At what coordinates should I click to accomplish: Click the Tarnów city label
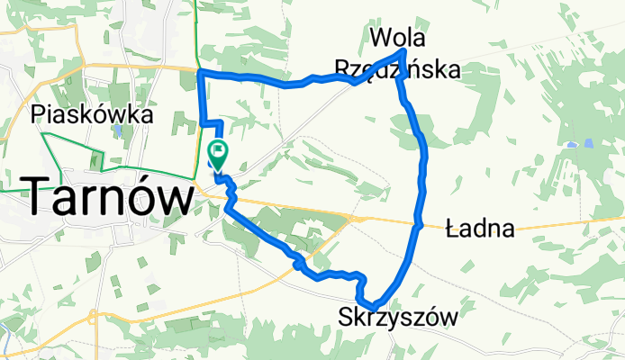[106, 195]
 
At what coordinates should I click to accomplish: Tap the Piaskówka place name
[91, 115]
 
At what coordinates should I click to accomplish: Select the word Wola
[398, 38]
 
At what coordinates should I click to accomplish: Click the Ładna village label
[480, 229]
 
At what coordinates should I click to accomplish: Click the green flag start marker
[218, 151]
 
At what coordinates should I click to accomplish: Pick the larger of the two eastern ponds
[588, 143]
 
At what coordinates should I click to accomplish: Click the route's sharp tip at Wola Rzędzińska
[403, 52]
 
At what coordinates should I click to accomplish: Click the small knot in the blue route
[297, 262]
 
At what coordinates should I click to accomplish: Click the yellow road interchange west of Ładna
[359, 217]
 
